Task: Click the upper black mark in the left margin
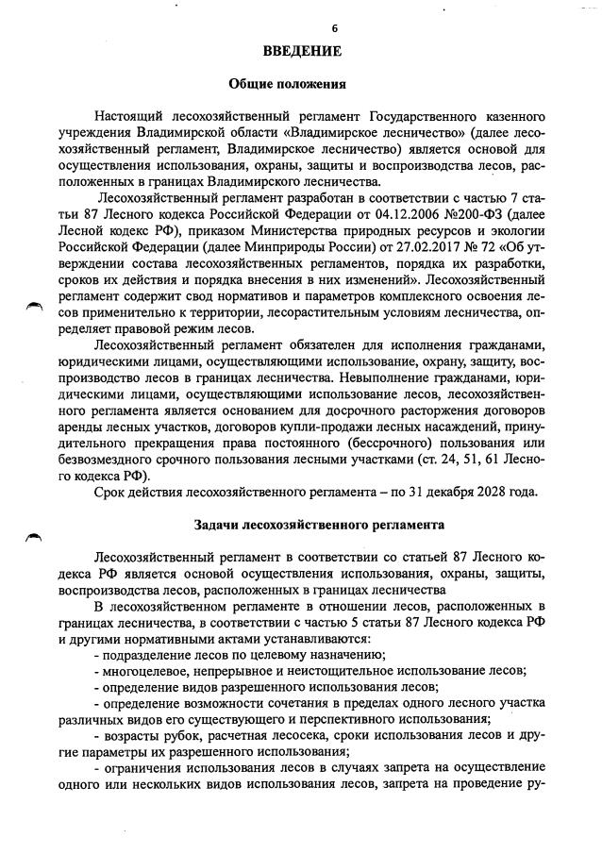pyautogui.click(x=35, y=305)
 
